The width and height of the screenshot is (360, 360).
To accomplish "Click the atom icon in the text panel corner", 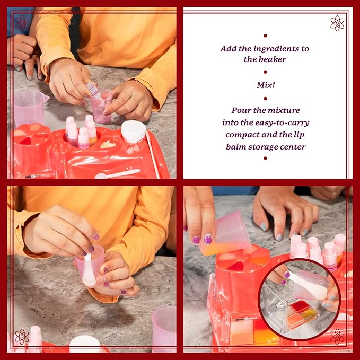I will click(337, 23).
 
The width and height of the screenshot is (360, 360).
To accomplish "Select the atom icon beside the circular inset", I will click(337, 336).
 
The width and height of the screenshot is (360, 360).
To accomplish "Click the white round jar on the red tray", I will click(133, 131).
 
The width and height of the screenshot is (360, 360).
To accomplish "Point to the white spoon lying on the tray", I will click(118, 173).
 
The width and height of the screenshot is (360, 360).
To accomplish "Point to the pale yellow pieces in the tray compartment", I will click(109, 144).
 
